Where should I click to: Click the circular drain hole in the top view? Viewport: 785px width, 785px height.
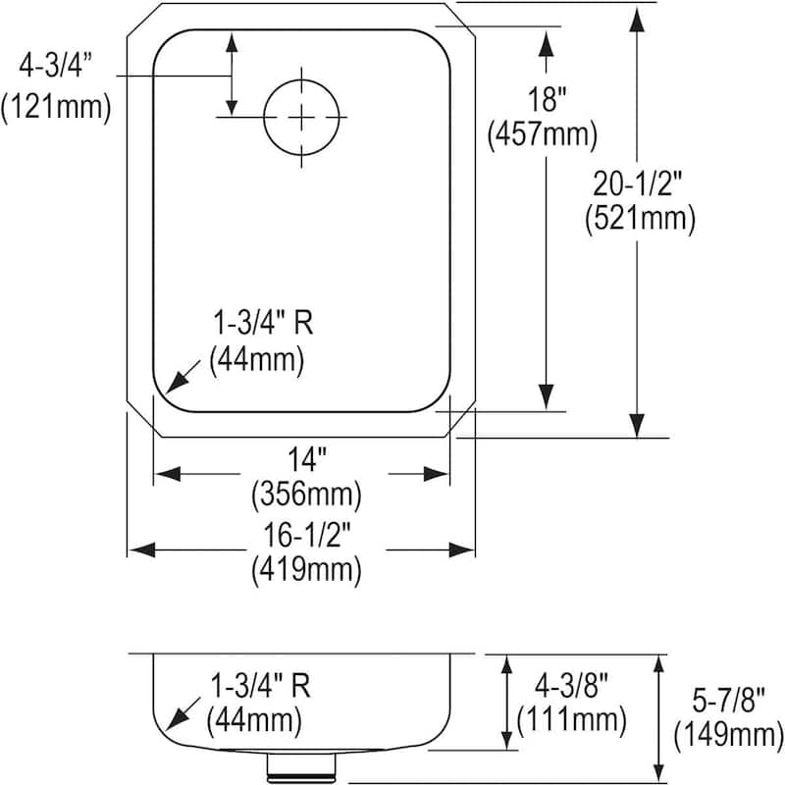303,117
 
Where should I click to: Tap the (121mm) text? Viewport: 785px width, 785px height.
56,106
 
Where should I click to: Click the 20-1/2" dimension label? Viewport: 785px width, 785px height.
639,183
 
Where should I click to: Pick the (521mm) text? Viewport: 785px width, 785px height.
640,218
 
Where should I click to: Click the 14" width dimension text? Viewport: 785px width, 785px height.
304,456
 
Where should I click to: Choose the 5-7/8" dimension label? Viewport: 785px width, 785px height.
723,697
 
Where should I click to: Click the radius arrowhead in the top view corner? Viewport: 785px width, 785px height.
177,382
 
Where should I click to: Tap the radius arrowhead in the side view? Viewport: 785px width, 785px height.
177,720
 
